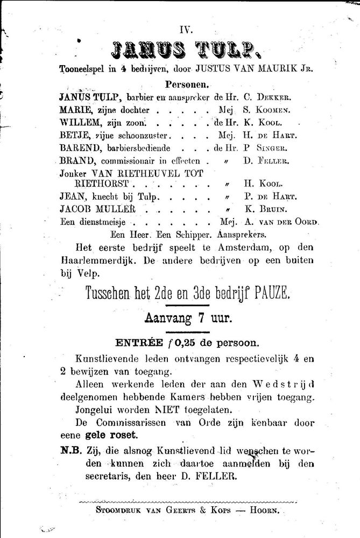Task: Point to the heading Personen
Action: [x=187, y=84]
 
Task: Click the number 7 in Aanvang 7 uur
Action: [x=204, y=318]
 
